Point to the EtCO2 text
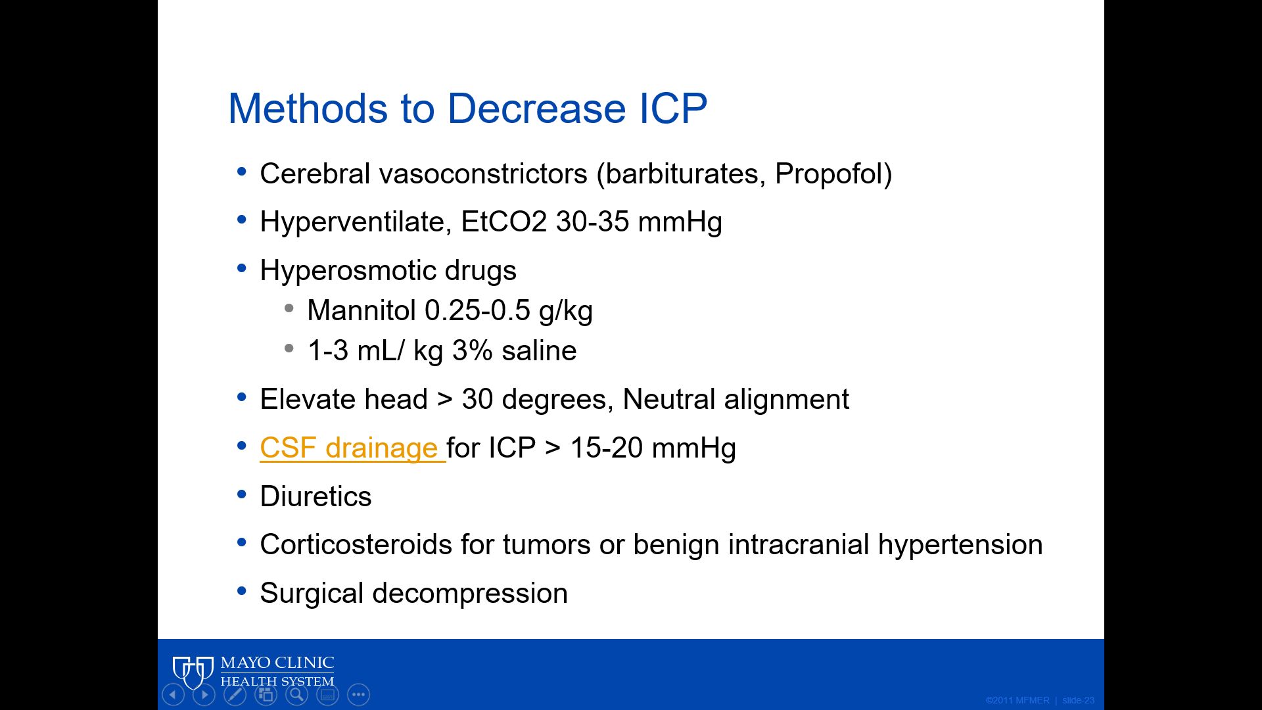tap(503, 222)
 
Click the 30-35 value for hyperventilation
tap(592, 222)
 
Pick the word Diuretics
tap(315, 497)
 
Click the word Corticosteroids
tap(356, 545)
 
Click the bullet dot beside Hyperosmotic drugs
tap(242, 268)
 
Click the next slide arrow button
tap(204, 694)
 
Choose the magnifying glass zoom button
tap(297, 694)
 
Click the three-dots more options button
tap(359, 694)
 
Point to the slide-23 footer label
tap(1078, 700)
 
